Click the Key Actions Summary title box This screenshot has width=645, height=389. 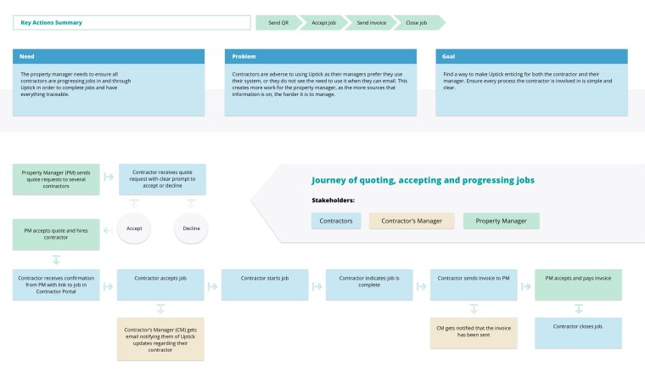(x=128, y=22)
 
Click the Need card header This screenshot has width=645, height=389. (x=109, y=57)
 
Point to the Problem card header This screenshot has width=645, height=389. (x=321, y=57)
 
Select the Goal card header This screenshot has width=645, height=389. (x=532, y=57)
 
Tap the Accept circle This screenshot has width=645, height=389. (x=134, y=228)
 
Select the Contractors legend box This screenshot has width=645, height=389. (x=335, y=221)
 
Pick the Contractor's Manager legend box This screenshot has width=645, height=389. (x=412, y=221)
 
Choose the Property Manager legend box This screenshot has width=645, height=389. (x=502, y=221)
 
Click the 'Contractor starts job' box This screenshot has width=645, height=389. (x=265, y=285)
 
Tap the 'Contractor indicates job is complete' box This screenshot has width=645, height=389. (x=369, y=285)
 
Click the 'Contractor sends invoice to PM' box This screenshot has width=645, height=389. (x=474, y=285)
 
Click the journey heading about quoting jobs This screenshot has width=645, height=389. (x=423, y=180)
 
